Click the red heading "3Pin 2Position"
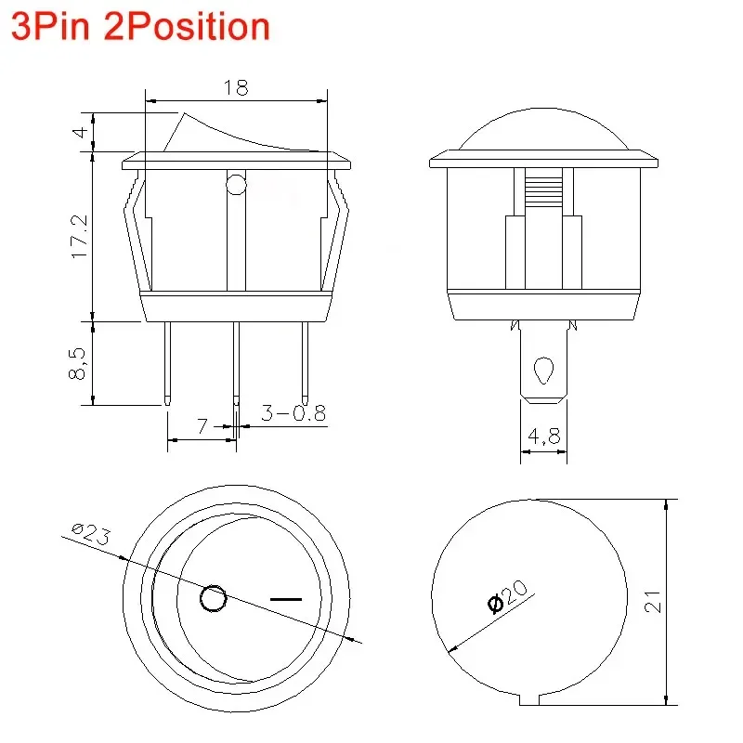140,27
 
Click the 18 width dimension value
236,88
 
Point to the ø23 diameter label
90,536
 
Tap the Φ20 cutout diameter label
507,595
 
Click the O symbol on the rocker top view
214,599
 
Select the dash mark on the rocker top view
286,599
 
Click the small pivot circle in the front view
236,185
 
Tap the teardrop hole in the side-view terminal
542,373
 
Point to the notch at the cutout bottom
533,699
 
